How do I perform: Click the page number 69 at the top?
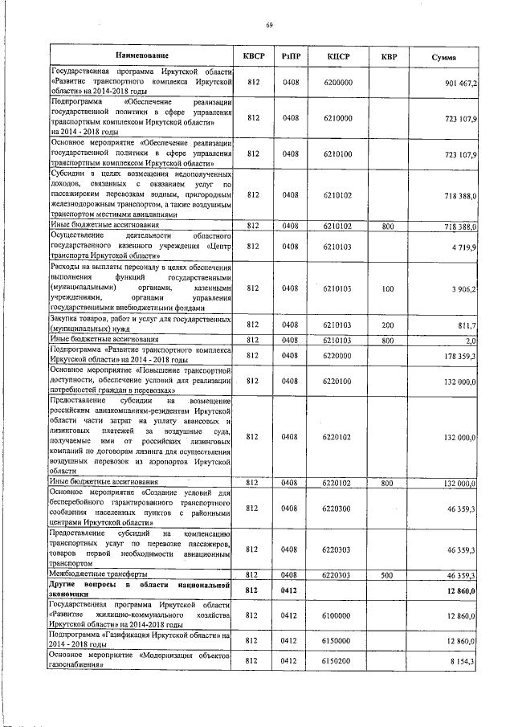[x=270, y=26]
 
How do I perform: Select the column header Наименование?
[x=141, y=57]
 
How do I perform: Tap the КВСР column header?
[x=254, y=57]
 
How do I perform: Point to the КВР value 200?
[x=388, y=325]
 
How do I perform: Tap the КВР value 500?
[x=388, y=575]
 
